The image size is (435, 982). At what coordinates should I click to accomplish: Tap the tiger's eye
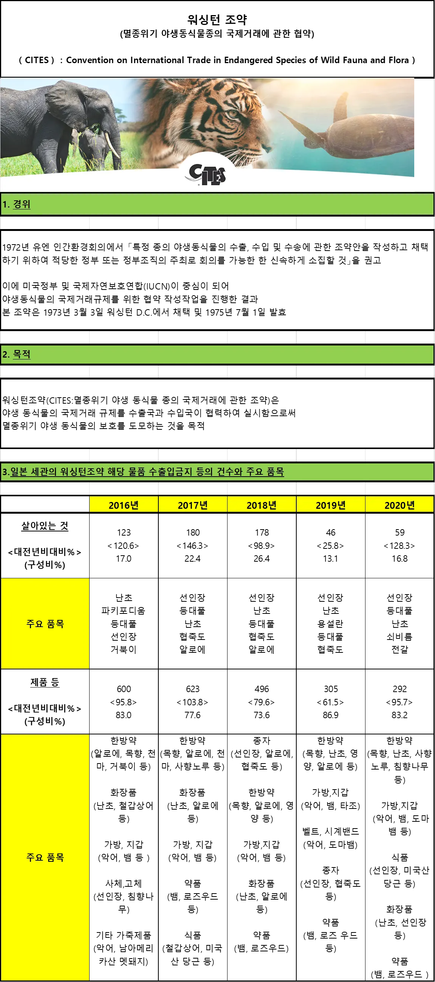(x=232, y=113)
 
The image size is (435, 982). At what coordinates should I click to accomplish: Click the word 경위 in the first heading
(x=22, y=204)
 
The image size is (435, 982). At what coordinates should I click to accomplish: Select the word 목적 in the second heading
(x=22, y=354)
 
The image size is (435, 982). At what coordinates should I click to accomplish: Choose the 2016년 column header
(x=124, y=505)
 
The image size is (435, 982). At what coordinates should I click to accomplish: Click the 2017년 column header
(x=192, y=505)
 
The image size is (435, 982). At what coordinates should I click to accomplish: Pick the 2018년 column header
(x=262, y=505)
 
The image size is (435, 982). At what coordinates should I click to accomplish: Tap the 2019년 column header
(x=331, y=505)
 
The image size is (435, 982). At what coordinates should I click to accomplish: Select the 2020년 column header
(x=399, y=505)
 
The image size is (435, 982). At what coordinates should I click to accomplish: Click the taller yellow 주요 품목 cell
(x=45, y=857)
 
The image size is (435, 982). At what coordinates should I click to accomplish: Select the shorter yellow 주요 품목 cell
(x=45, y=624)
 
